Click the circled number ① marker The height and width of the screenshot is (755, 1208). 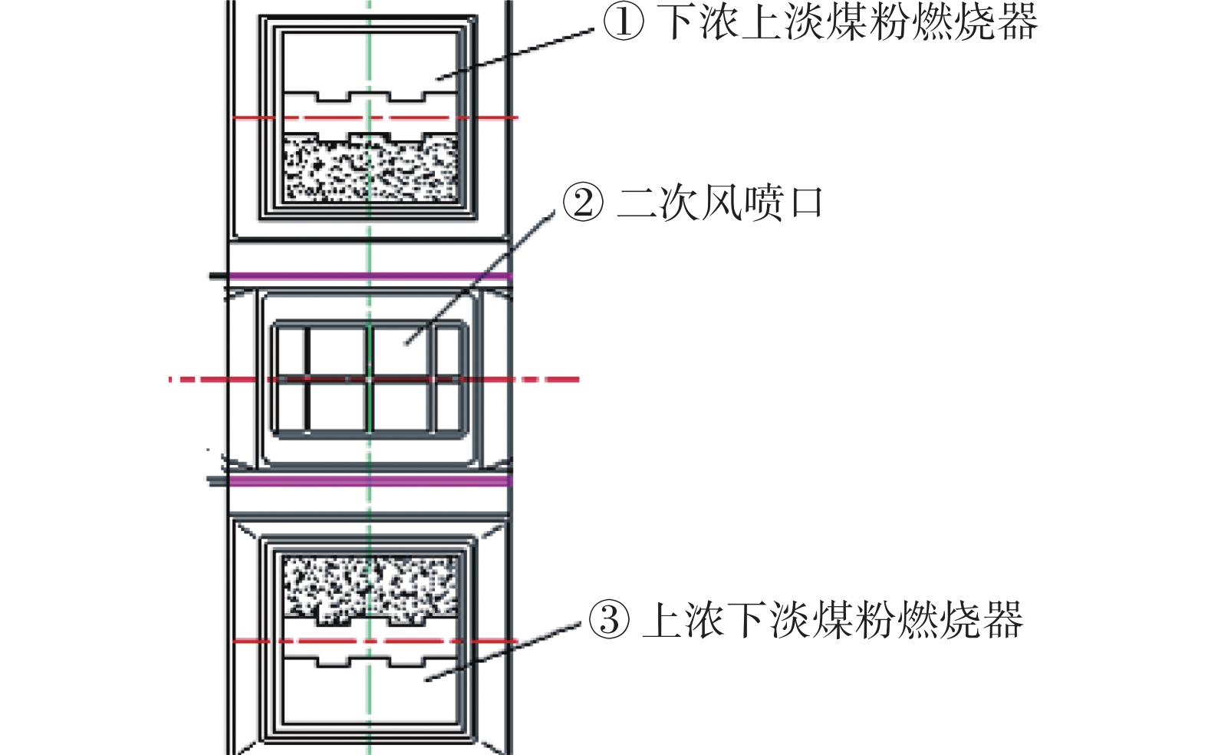[x=624, y=23]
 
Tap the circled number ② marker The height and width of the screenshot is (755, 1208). [x=583, y=203]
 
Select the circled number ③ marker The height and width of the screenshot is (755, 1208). [x=609, y=620]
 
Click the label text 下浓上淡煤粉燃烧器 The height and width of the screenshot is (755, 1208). [x=847, y=23]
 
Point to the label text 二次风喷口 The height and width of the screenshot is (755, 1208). [x=720, y=203]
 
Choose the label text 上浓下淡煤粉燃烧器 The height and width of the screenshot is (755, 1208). [x=833, y=620]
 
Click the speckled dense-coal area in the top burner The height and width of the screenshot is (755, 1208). [x=370, y=168]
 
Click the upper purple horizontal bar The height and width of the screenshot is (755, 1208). [x=370, y=276]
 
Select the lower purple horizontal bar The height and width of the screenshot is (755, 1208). [x=370, y=481]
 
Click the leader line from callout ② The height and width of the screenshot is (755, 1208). [x=480, y=278]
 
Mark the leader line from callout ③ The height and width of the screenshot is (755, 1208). [x=502, y=652]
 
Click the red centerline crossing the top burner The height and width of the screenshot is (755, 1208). [x=375, y=117]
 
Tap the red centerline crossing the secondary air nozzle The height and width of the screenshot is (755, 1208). [x=374, y=380]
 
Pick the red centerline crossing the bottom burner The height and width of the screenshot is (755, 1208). [x=375, y=641]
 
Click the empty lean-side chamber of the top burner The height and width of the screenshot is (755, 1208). [x=370, y=62]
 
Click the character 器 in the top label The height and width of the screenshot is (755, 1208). [x=1019, y=23]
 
